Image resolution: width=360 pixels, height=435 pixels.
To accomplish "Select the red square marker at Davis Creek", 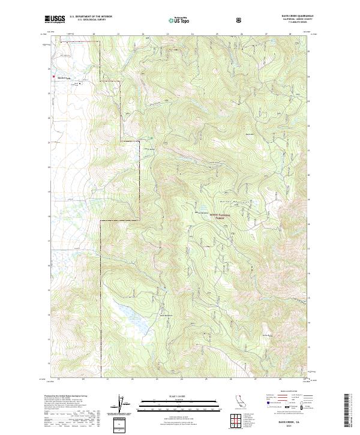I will click(53, 76).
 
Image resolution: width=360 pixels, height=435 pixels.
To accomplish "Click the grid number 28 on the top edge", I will click(290, 34).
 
